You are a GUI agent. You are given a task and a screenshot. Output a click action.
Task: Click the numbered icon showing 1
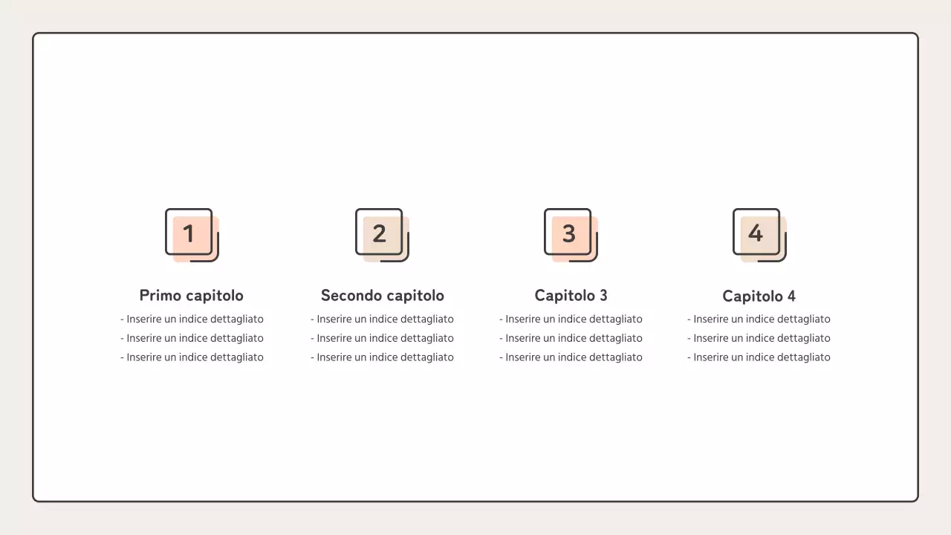pyautogui.click(x=192, y=235)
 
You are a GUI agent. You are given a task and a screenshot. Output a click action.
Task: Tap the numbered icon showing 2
pyautogui.click(x=382, y=235)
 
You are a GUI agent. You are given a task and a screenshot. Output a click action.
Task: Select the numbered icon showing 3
pyautogui.click(x=571, y=235)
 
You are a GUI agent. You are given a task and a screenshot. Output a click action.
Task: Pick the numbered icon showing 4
pyautogui.click(x=759, y=235)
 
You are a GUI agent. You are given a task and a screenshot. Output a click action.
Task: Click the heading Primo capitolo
pyautogui.click(x=192, y=296)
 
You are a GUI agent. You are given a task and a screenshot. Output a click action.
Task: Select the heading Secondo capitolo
pyautogui.click(x=383, y=296)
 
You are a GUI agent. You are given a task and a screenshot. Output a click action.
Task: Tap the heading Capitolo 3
pyautogui.click(x=571, y=296)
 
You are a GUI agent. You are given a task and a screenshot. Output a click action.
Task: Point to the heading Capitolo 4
pyautogui.click(x=759, y=296)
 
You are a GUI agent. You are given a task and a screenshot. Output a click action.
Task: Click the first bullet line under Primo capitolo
pyautogui.click(x=192, y=319)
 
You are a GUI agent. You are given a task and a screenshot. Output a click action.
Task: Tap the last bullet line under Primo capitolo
pyautogui.click(x=192, y=357)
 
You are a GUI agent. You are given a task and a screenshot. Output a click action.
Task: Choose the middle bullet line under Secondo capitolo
pyautogui.click(x=382, y=338)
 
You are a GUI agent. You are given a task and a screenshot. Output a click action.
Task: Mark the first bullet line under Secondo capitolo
pyautogui.click(x=382, y=319)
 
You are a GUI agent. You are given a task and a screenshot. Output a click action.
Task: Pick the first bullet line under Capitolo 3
pyautogui.click(x=571, y=319)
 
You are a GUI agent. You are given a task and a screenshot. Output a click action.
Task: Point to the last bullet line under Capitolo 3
pyautogui.click(x=571, y=357)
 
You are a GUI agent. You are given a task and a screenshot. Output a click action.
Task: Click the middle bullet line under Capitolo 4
pyautogui.click(x=759, y=338)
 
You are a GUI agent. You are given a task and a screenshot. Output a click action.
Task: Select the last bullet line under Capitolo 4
pyautogui.click(x=759, y=357)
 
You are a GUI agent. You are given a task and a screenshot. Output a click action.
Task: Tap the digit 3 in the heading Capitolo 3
pyautogui.click(x=603, y=296)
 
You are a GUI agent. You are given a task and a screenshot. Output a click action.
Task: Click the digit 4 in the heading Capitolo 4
pyautogui.click(x=791, y=296)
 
